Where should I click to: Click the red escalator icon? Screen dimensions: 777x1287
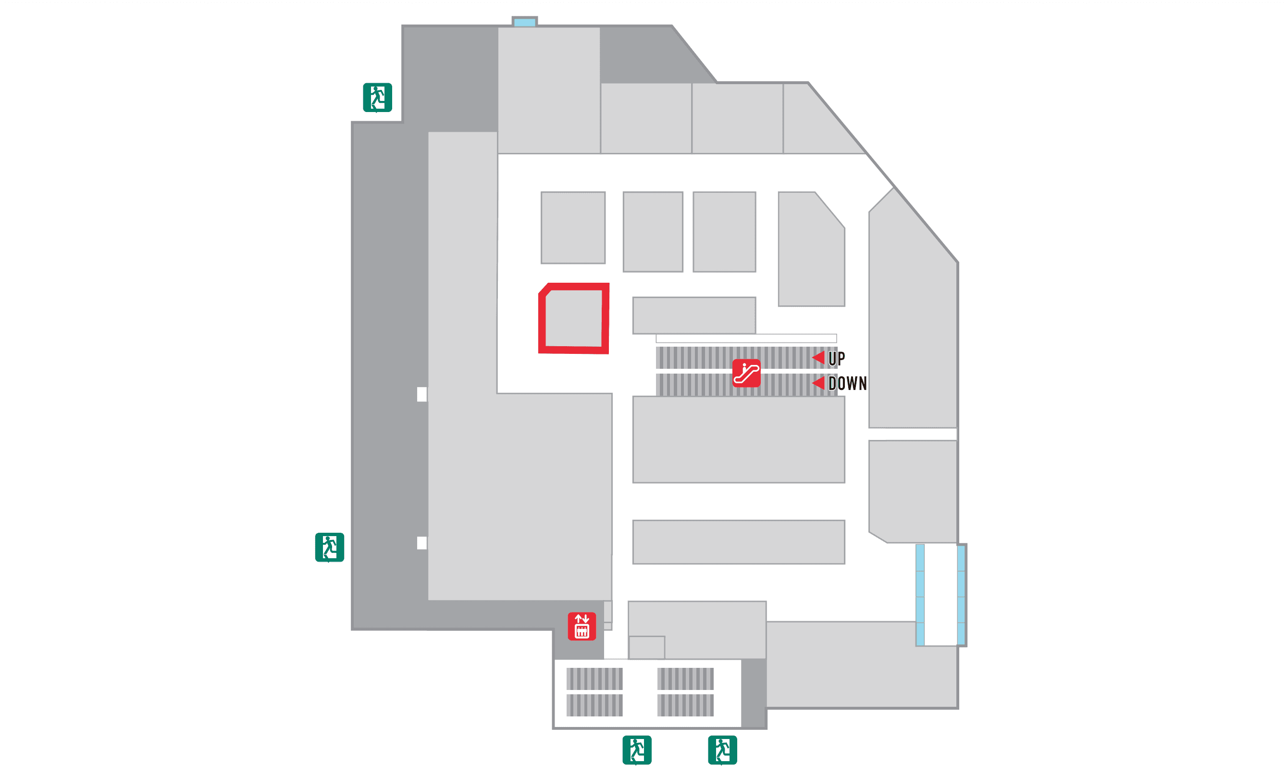coord(746,373)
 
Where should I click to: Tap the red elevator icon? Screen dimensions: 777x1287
coord(582,626)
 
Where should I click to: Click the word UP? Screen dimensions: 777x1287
coord(836,359)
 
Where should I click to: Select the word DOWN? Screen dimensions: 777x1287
coord(847,384)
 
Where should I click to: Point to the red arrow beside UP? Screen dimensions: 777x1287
coord(818,358)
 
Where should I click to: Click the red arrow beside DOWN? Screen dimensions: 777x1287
coord(818,383)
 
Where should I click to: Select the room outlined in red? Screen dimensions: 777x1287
coord(573,318)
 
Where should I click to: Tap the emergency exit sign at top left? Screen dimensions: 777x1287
coord(377,97)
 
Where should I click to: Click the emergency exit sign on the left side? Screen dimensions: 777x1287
coord(329,547)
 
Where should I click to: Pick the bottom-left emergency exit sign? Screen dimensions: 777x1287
coord(637,750)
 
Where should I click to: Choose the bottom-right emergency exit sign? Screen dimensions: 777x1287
coord(722,750)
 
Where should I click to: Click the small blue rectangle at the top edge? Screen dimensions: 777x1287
coord(524,22)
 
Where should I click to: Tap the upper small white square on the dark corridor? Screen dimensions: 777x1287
coord(421,394)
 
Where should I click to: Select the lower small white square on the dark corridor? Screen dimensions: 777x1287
coord(421,543)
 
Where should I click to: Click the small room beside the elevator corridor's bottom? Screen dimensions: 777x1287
coord(647,647)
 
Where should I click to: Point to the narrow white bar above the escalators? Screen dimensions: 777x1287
coord(746,338)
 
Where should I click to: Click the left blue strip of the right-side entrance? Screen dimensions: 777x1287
coord(920,595)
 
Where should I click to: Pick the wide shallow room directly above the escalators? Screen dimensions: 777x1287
coord(693,315)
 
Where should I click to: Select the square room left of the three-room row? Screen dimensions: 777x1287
coord(573,228)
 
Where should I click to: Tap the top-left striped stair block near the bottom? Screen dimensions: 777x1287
coord(594,679)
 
